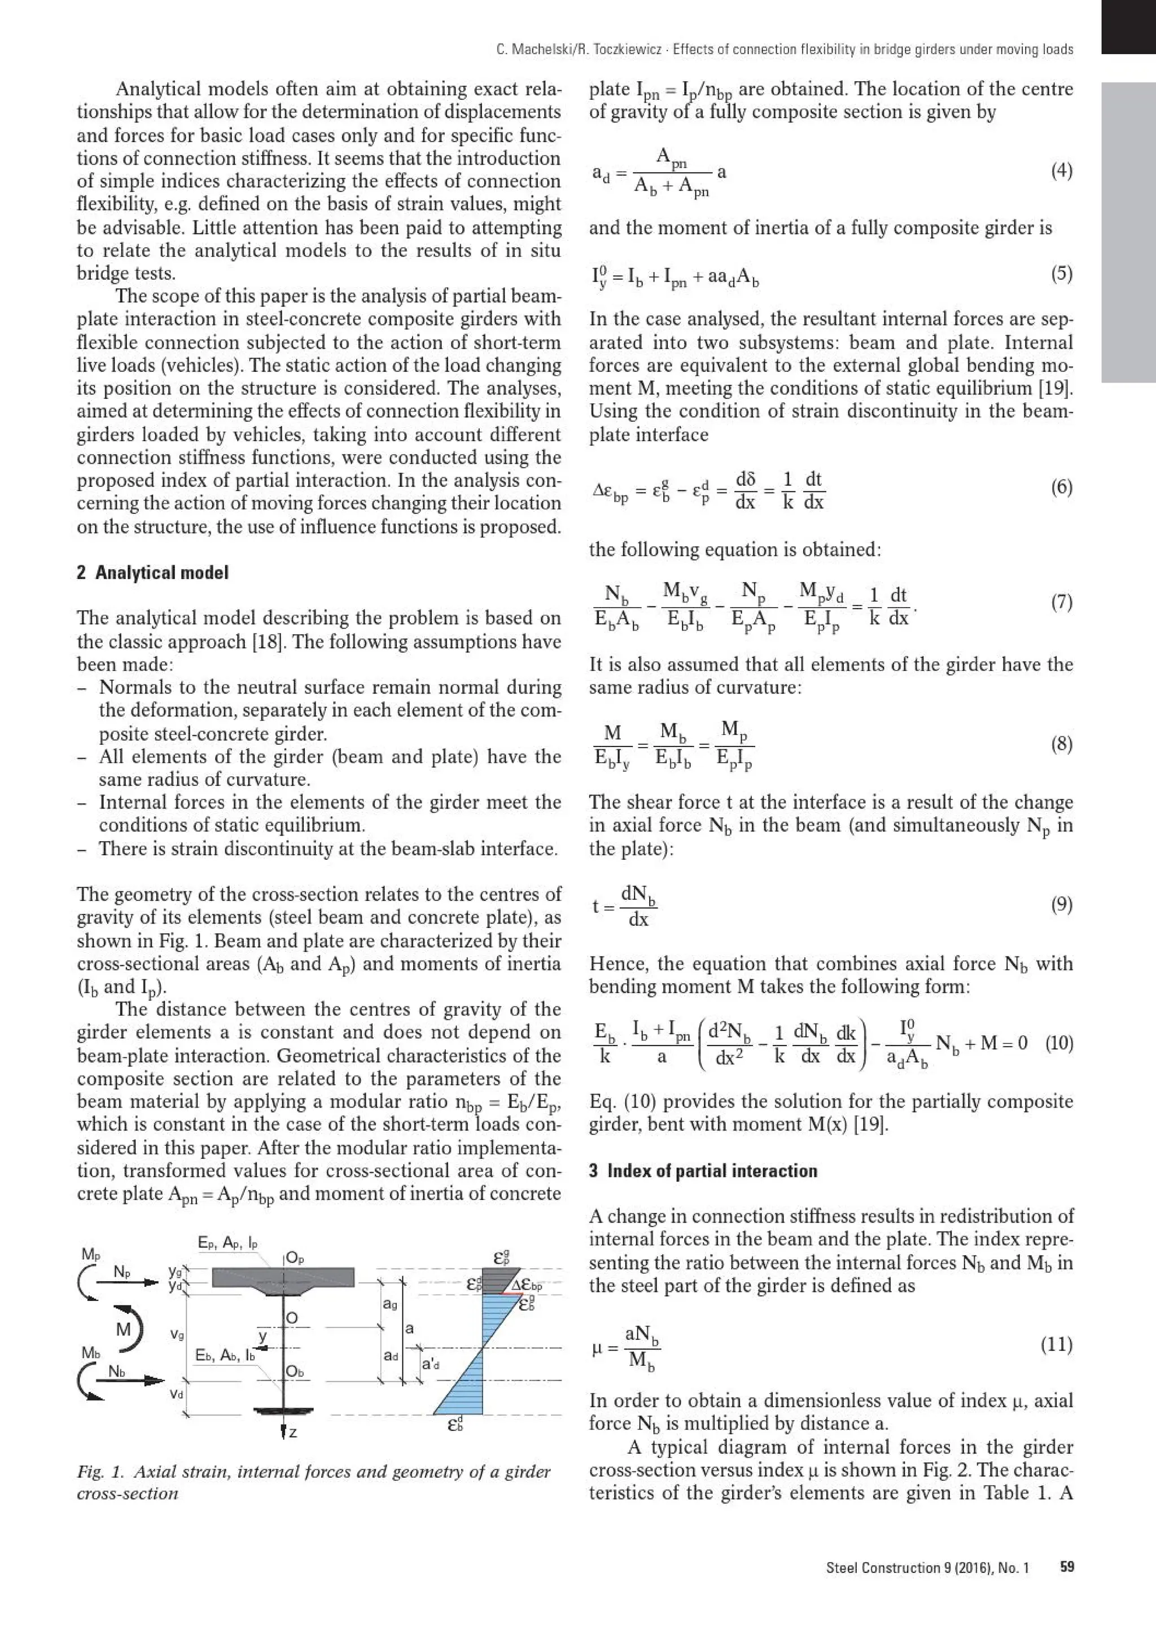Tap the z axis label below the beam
292,1432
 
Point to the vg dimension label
177,1334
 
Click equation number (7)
1061,603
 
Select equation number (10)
1059,1043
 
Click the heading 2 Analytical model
152,573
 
